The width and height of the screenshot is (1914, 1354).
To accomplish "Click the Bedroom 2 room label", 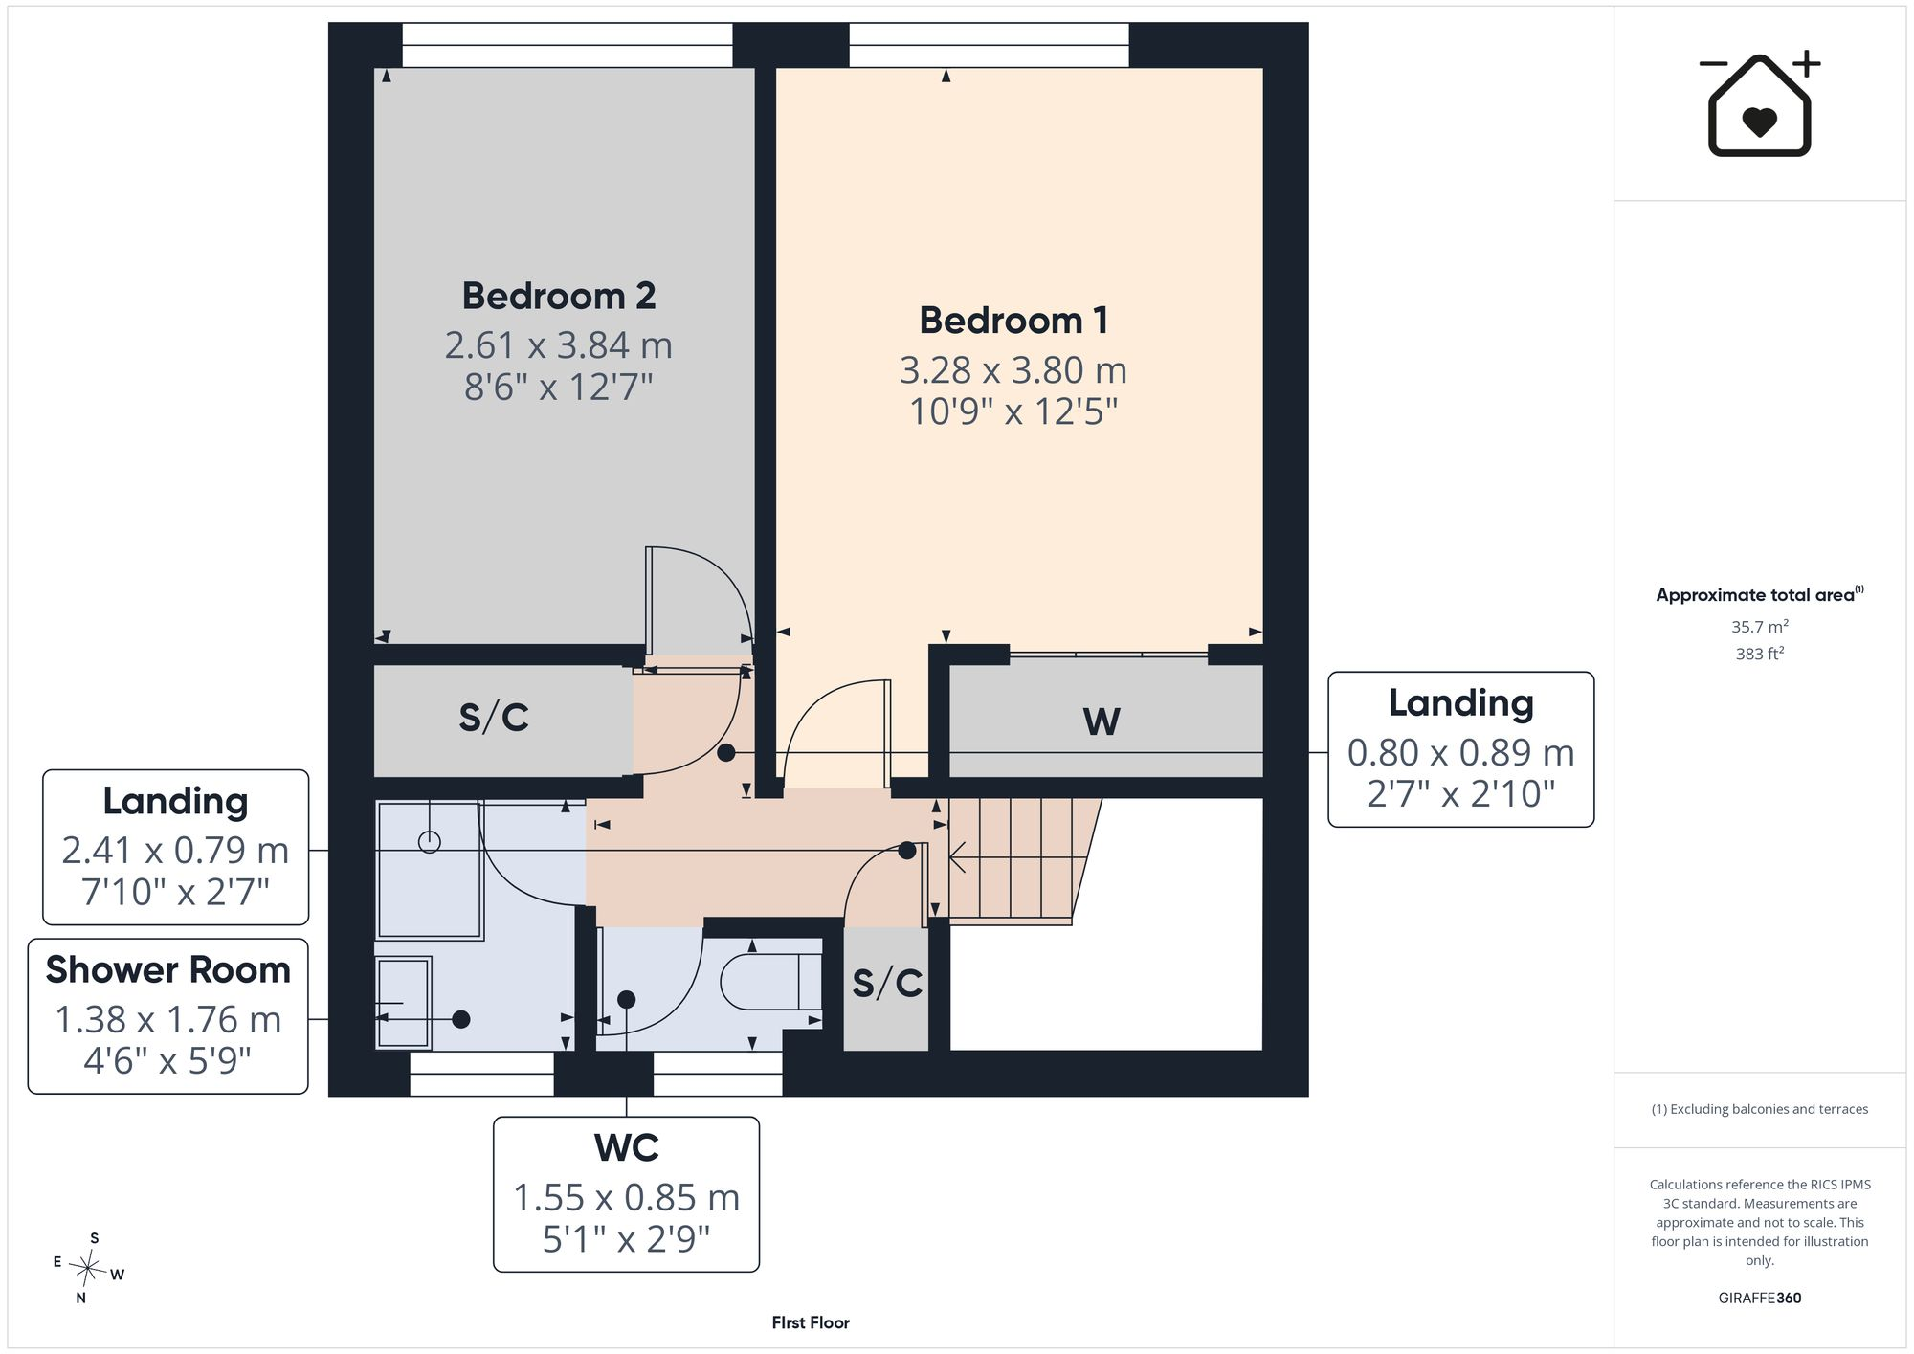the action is (x=559, y=296).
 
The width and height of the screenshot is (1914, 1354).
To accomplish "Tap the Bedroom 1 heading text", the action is (x=1013, y=321).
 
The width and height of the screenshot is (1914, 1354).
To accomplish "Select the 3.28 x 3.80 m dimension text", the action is (x=1013, y=369).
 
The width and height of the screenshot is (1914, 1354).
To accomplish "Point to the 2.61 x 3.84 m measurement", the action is (x=559, y=344).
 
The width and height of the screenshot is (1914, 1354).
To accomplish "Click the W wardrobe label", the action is (x=1102, y=721).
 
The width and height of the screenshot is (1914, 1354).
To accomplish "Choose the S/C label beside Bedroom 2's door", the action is (x=494, y=718).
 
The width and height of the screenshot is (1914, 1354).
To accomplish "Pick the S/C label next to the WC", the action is (x=887, y=983).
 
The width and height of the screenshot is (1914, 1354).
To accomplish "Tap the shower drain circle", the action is (x=430, y=842).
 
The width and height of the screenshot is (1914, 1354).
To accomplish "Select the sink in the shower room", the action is (x=403, y=1003).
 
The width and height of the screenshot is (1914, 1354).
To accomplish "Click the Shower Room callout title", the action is (x=168, y=970).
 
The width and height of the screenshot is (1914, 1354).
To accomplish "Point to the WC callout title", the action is (x=627, y=1147).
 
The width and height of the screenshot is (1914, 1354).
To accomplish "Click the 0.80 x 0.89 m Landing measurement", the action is (x=1461, y=753).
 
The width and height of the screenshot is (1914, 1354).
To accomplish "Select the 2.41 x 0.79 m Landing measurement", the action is (x=175, y=850).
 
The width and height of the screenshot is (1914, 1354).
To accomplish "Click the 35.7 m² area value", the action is (x=1760, y=627).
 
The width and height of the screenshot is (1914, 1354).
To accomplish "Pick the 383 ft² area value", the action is (x=1760, y=654).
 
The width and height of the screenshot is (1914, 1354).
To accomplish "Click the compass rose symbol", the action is (x=88, y=1269).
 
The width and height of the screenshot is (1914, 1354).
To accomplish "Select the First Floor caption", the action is (x=811, y=1322).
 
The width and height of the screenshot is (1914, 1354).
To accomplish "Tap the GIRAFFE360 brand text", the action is (x=1760, y=1299).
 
